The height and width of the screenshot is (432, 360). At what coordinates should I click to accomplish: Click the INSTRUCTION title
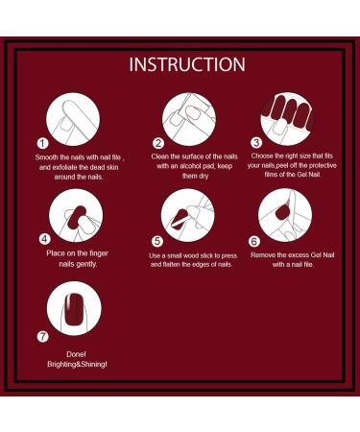coord(187,65)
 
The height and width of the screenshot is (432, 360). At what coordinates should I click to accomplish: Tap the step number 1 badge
coord(40,142)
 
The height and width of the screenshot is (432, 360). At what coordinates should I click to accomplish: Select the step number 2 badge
coord(158,143)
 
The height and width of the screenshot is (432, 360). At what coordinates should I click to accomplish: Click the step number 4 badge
coord(44,237)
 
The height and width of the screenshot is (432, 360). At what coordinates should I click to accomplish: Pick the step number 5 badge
coord(158,240)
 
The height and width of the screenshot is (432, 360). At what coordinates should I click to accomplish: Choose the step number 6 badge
coord(254,240)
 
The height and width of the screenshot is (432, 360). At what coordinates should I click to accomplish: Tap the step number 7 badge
coord(44,337)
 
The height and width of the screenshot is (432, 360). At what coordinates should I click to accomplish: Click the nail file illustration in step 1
coord(74,117)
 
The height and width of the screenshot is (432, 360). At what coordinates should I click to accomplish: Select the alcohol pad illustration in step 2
coord(189,117)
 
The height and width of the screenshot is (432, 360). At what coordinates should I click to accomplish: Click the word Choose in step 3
coord(263,156)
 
